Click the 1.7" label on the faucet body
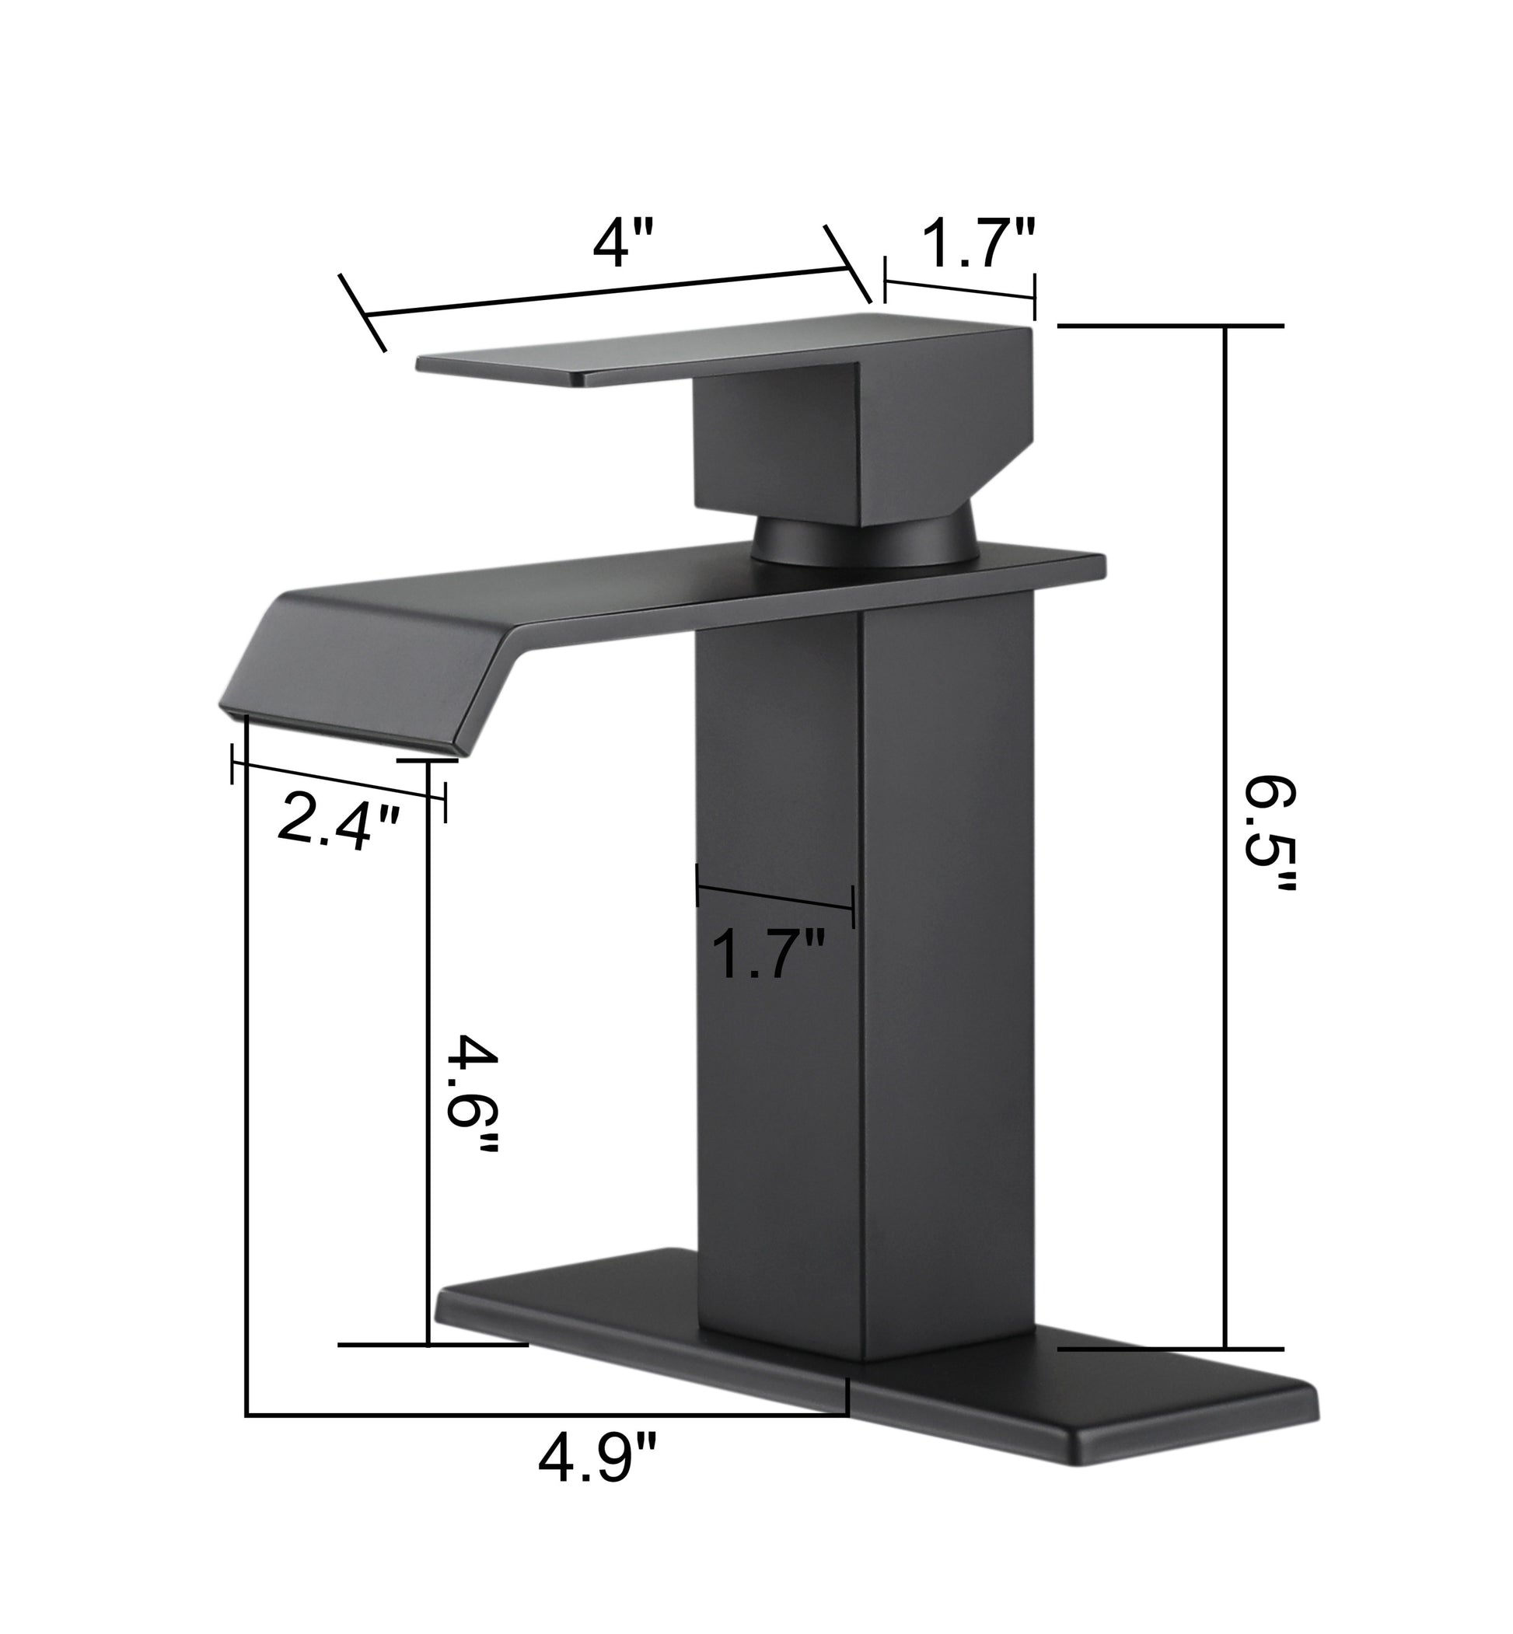click(x=767, y=954)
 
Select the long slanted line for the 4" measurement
click(x=606, y=292)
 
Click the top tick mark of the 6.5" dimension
click(x=1171, y=326)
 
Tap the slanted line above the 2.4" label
click(x=338, y=780)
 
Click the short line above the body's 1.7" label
click(x=774, y=895)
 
